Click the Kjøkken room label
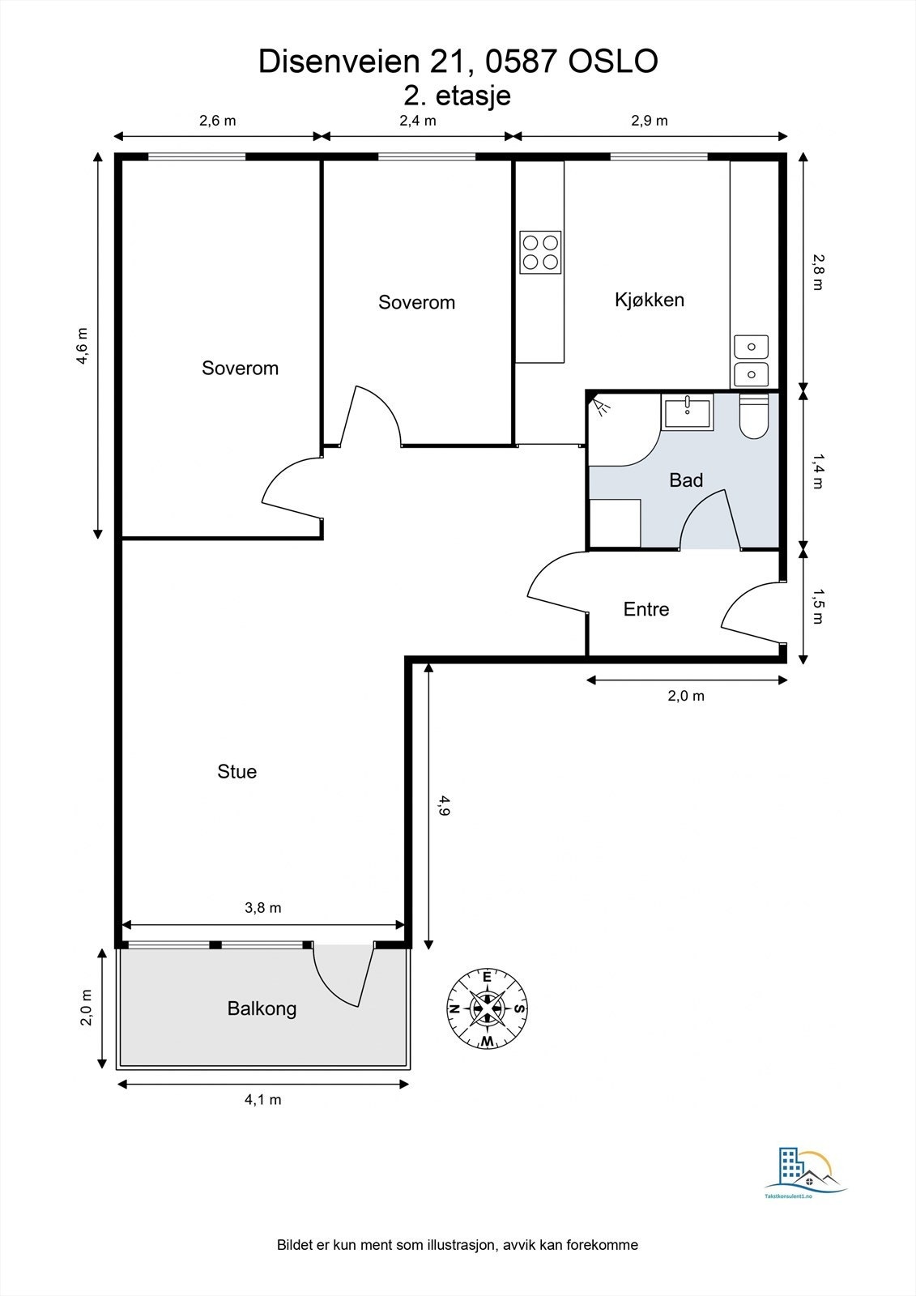pyautogui.click(x=650, y=300)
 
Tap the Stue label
pyautogui.click(x=236, y=771)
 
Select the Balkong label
pyautogui.click(x=262, y=1009)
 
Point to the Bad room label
pyautogui.click(x=686, y=480)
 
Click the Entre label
pyautogui.click(x=646, y=608)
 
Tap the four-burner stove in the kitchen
pyautogui.click(x=540, y=252)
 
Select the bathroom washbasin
pyautogui.click(x=687, y=411)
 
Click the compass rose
pyautogui.click(x=488, y=1009)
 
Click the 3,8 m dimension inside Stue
pyautogui.click(x=262, y=908)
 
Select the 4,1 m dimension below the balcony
pyautogui.click(x=262, y=1099)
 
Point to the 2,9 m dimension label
pyautogui.click(x=650, y=121)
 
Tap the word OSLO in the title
pyautogui.click(x=613, y=62)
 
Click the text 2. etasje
pyautogui.click(x=457, y=96)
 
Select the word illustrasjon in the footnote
pyautogui.click(x=460, y=1244)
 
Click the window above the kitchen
pyautogui.click(x=659, y=156)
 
